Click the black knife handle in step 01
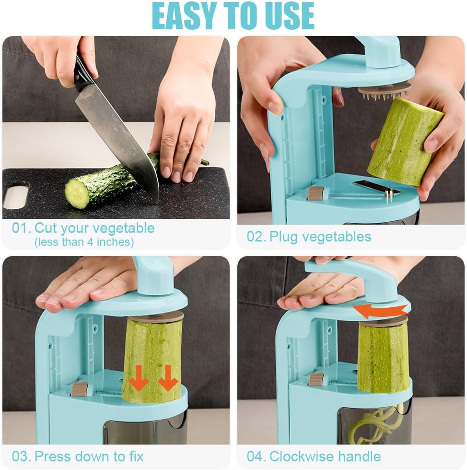click(x=84, y=72)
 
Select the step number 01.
click(x=21, y=228)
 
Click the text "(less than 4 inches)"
click(x=84, y=242)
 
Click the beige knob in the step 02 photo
click(x=315, y=193)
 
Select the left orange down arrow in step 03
click(x=140, y=378)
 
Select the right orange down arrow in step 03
click(x=167, y=378)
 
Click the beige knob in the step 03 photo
click(x=80, y=389)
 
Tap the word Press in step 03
click(x=54, y=456)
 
